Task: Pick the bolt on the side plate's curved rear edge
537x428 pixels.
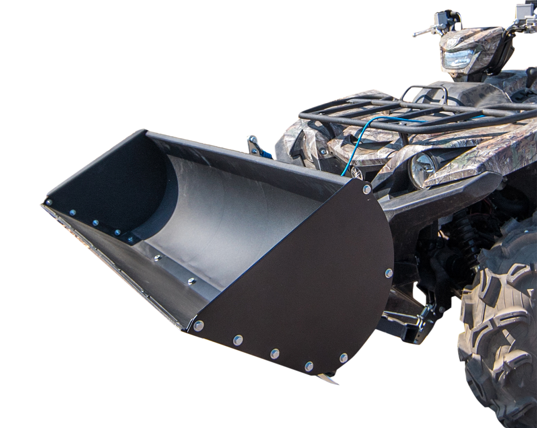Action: (x=388, y=273)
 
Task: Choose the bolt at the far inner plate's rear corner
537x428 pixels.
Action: (x=130, y=239)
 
